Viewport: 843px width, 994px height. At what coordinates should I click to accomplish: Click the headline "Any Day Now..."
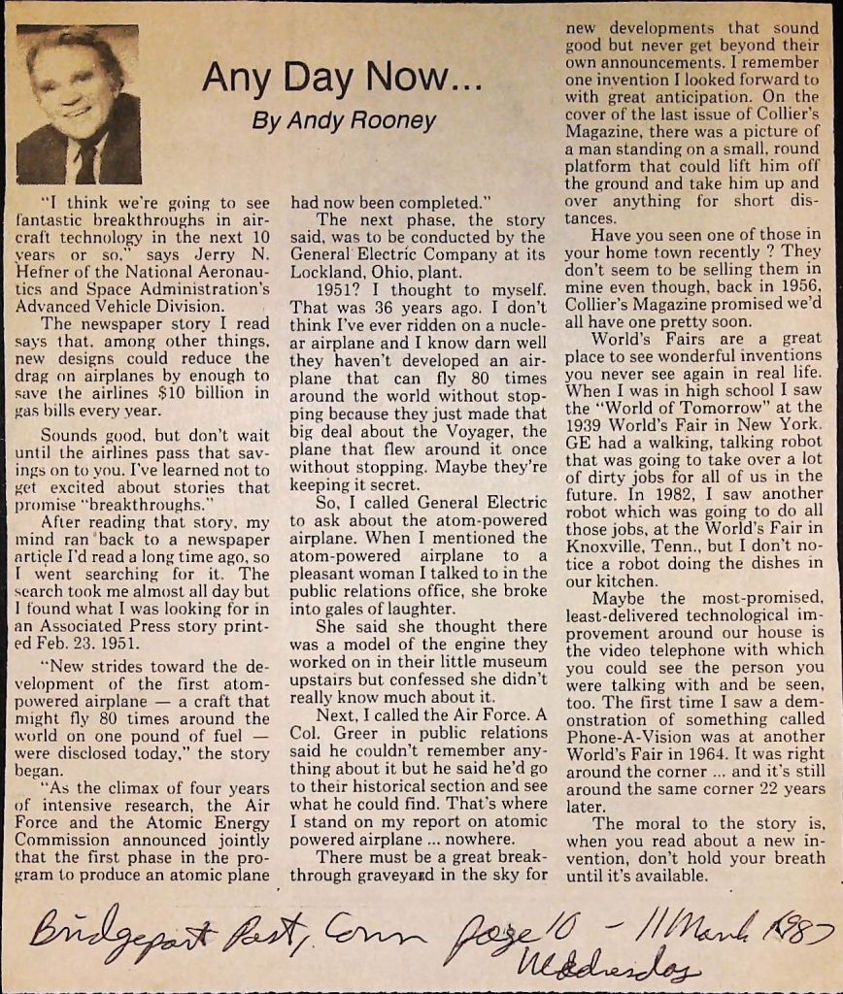342,79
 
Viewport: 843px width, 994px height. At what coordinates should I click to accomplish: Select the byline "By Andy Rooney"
343,122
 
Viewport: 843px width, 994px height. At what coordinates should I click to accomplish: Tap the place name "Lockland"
327,273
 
